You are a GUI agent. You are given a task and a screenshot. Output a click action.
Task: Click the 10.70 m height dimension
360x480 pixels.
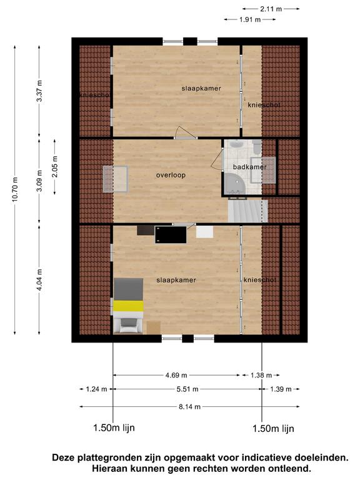point(15,190)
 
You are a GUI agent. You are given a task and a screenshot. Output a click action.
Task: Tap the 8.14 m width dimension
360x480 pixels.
point(189,407)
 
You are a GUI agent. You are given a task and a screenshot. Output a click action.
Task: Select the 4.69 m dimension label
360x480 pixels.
point(176,375)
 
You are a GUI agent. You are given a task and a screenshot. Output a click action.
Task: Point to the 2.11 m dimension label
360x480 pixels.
point(271,9)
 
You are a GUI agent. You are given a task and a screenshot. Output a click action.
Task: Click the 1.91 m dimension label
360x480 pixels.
point(250,19)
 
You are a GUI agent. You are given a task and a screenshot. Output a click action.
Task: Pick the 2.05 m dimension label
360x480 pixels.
point(55,167)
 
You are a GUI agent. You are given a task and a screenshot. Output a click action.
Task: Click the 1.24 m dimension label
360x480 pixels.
point(96,389)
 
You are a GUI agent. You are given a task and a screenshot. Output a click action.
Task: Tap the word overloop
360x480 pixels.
point(171,175)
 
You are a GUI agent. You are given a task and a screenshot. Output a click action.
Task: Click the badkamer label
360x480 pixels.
point(249,167)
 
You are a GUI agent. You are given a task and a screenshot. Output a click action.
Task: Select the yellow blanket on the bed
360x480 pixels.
point(128,306)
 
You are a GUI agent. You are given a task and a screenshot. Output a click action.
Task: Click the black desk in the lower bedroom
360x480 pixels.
point(171,235)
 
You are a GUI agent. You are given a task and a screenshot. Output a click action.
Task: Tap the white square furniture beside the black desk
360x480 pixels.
point(204,232)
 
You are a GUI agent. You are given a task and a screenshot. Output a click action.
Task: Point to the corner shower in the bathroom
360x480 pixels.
point(234,183)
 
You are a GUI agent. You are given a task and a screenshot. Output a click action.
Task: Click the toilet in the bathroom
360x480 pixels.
point(257,147)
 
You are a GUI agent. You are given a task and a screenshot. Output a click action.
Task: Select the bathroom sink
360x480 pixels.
point(237,144)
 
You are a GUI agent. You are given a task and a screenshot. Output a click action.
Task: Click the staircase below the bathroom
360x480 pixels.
point(247,211)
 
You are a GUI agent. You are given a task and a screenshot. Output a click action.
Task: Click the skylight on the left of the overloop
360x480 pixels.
point(116,179)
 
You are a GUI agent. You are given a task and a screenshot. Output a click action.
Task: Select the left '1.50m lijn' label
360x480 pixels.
point(114,427)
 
